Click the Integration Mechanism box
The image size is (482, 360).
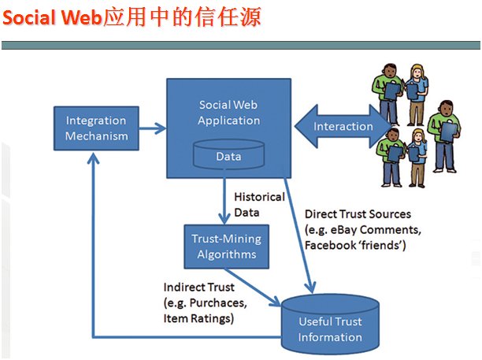[x=96, y=128]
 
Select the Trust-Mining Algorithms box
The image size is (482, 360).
[x=227, y=247]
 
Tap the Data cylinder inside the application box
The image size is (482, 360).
[x=228, y=154]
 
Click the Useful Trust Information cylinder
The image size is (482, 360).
[x=330, y=325]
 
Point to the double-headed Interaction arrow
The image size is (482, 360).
[x=343, y=126]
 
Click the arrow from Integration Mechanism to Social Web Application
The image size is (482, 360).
[x=153, y=128]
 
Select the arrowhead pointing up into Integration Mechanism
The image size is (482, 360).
[x=93, y=158]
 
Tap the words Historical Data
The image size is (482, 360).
[x=259, y=205]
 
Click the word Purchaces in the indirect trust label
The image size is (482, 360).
[x=218, y=303]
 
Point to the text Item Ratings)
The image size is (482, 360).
[x=198, y=318]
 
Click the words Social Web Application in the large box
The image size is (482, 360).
[x=228, y=113]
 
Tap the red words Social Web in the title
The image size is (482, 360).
[x=52, y=17]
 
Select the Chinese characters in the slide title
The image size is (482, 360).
[x=182, y=17]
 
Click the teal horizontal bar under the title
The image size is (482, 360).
[x=241, y=45]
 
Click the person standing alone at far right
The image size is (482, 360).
[x=445, y=136]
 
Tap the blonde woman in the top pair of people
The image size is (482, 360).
[x=417, y=95]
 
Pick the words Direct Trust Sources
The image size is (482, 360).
[x=358, y=214]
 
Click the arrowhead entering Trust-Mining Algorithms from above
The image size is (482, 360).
[x=224, y=218]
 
